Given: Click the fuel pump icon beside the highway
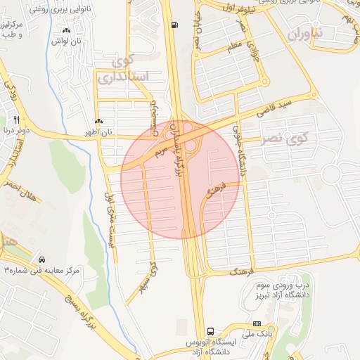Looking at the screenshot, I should click(174, 25).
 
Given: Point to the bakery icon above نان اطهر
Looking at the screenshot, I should click(98, 122).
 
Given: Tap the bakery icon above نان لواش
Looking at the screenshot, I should click(67, 31).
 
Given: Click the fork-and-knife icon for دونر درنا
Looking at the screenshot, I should click(17, 120).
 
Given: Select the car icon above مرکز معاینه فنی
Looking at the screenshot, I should click(43, 259).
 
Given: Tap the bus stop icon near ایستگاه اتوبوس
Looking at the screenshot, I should click(210, 330).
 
